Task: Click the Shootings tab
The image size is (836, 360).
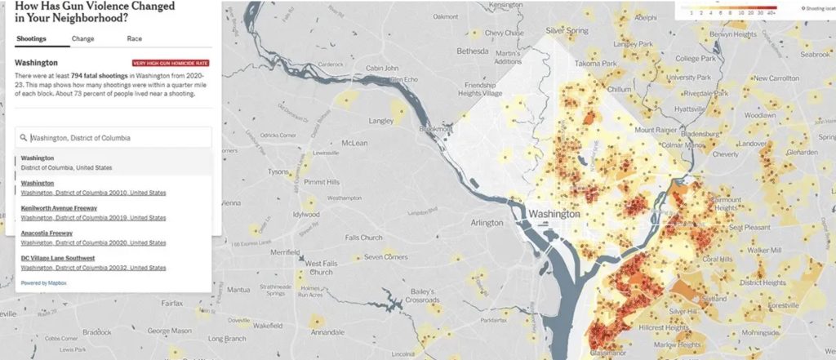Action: (30, 38)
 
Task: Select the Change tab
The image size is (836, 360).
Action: (82, 38)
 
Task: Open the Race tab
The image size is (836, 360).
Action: (135, 38)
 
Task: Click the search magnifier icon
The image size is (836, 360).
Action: (24, 138)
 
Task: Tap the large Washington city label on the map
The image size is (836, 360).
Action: (554, 214)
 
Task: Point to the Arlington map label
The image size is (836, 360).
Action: (487, 222)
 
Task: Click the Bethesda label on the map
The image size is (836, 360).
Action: (471, 51)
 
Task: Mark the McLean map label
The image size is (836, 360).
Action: (354, 143)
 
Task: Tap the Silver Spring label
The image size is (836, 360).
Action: (567, 30)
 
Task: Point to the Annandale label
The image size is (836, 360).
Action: (327, 333)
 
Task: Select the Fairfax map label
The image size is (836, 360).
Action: (171, 302)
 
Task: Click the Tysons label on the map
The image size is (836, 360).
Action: (278, 171)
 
